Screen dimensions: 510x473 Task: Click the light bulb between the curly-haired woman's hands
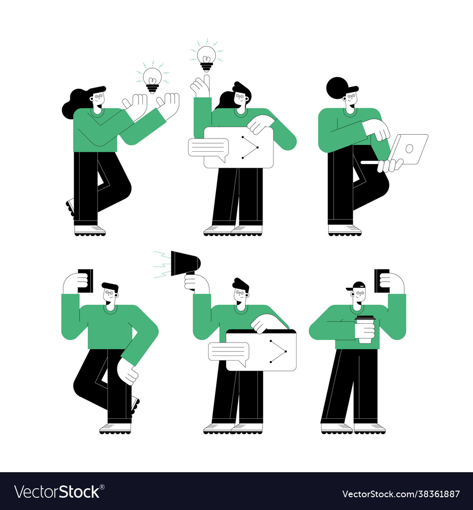(152, 79)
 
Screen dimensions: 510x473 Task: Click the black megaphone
(184, 263)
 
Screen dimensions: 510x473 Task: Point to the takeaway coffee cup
(364, 329)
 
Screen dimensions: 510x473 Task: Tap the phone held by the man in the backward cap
(381, 281)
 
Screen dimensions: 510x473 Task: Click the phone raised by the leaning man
(87, 281)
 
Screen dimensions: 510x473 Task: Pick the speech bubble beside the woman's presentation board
(208, 147)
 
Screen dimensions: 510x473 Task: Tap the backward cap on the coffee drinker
(358, 285)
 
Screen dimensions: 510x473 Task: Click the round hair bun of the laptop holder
(337, 88)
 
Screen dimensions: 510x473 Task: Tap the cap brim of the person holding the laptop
(353, 88)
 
